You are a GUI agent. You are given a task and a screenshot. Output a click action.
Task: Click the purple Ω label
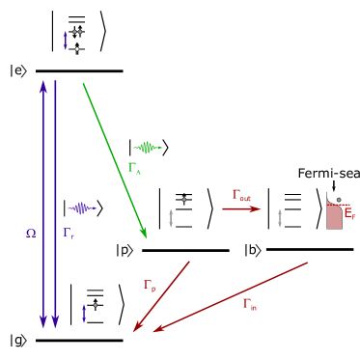coord(31,233)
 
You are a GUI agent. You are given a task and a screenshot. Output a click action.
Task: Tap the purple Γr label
coord(68,233)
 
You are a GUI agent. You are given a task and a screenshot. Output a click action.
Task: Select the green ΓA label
coord(134,168)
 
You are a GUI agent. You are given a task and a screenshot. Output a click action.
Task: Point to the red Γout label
coord(241,196)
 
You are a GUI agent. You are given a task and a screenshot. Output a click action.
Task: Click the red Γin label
coord(249,304)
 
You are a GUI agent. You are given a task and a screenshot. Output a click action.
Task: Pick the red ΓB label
coord(150,285)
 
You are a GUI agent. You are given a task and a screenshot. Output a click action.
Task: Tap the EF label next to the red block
coord(349,213)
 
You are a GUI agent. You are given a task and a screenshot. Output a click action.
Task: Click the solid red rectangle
coord(334,216)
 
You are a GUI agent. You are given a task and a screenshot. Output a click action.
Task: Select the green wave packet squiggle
coord(147,148)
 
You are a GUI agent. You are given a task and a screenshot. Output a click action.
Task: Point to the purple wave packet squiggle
coord(81,208)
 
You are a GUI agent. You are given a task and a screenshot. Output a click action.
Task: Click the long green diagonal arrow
coord(114,159)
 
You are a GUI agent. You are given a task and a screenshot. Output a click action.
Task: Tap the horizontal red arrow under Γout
coord(241,208)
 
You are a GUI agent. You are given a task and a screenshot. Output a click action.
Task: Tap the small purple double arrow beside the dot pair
coord(66,41)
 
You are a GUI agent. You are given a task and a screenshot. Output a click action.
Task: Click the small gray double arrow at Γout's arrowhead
coord(280,218)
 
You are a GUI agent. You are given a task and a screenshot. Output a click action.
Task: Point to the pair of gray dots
coord(77,32)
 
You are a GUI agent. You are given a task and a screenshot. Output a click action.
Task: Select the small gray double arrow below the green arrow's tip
coord(171,218)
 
